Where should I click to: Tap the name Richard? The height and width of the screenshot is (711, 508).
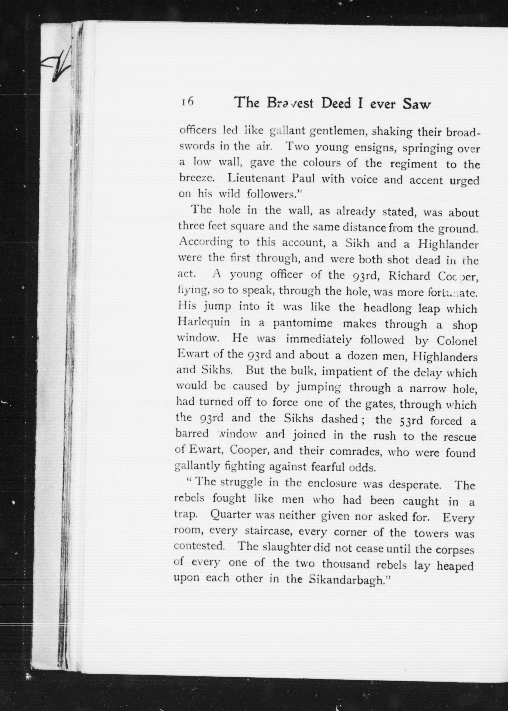(x=405, y=276)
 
